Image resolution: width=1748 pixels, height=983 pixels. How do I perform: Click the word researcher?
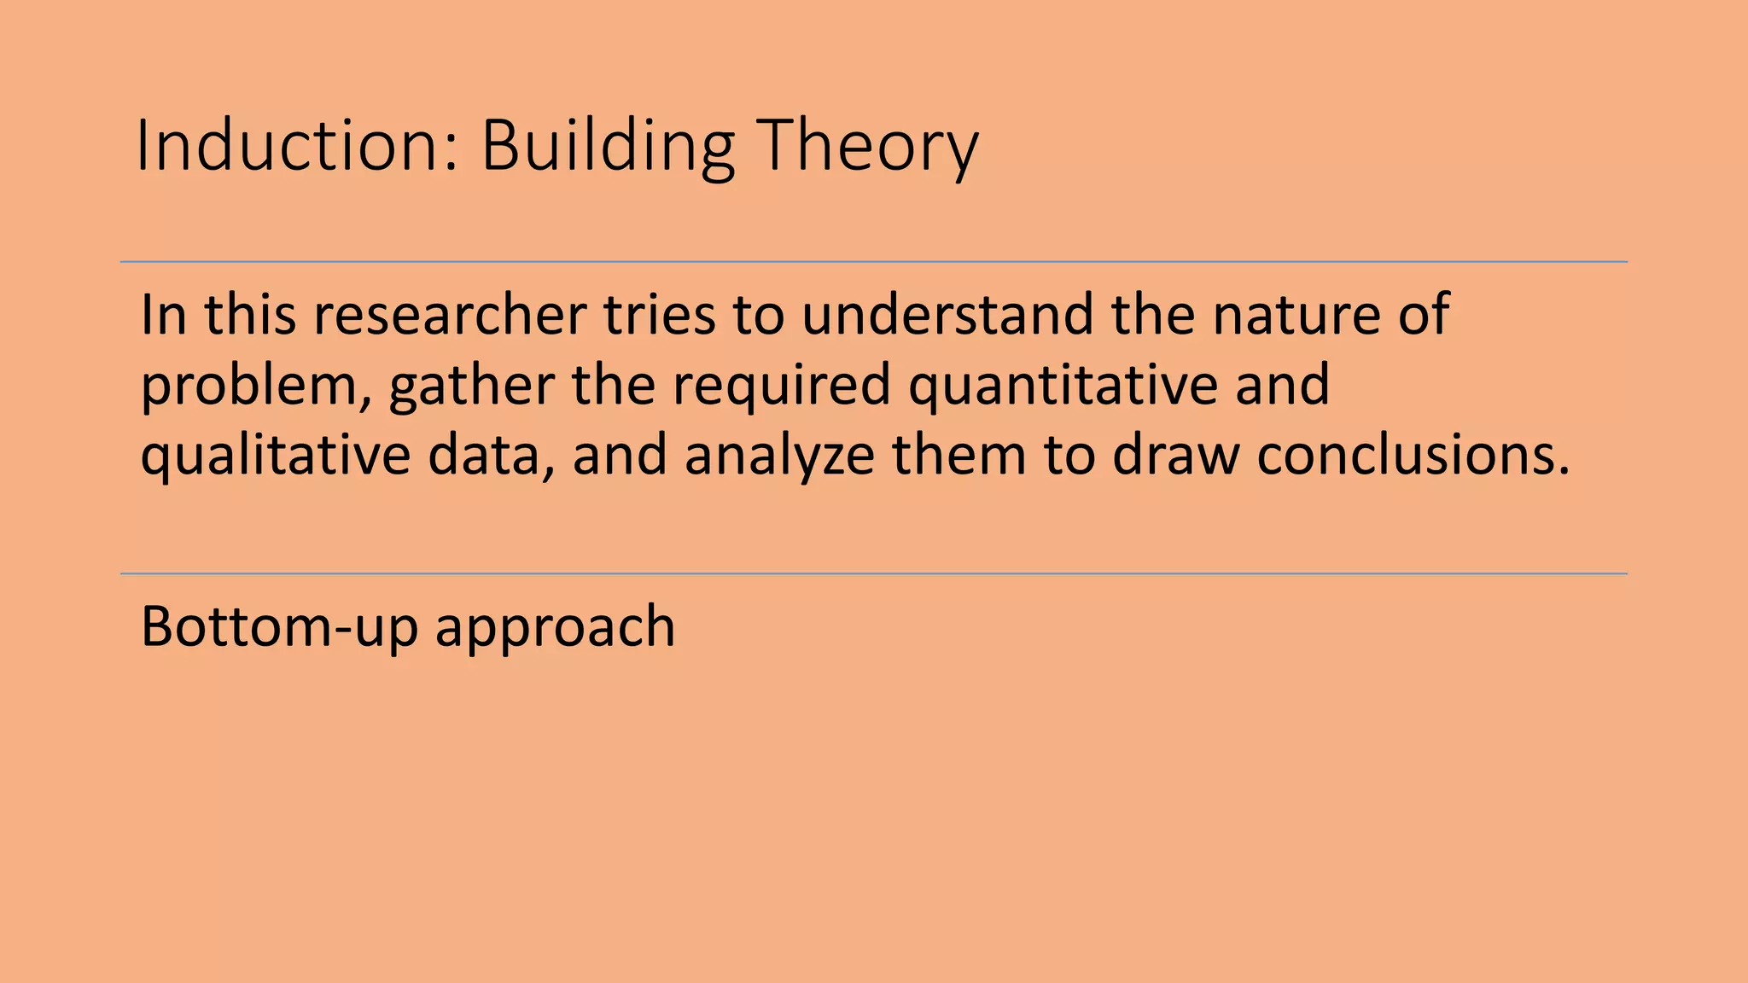coord(450,314)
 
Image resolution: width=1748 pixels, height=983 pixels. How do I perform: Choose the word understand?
coord(947,314)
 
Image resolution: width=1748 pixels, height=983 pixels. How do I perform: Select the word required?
coord(781,386)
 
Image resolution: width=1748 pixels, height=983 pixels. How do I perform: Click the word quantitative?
coord(1063,386)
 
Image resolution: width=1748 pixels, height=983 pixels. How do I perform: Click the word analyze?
coord(779,456)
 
